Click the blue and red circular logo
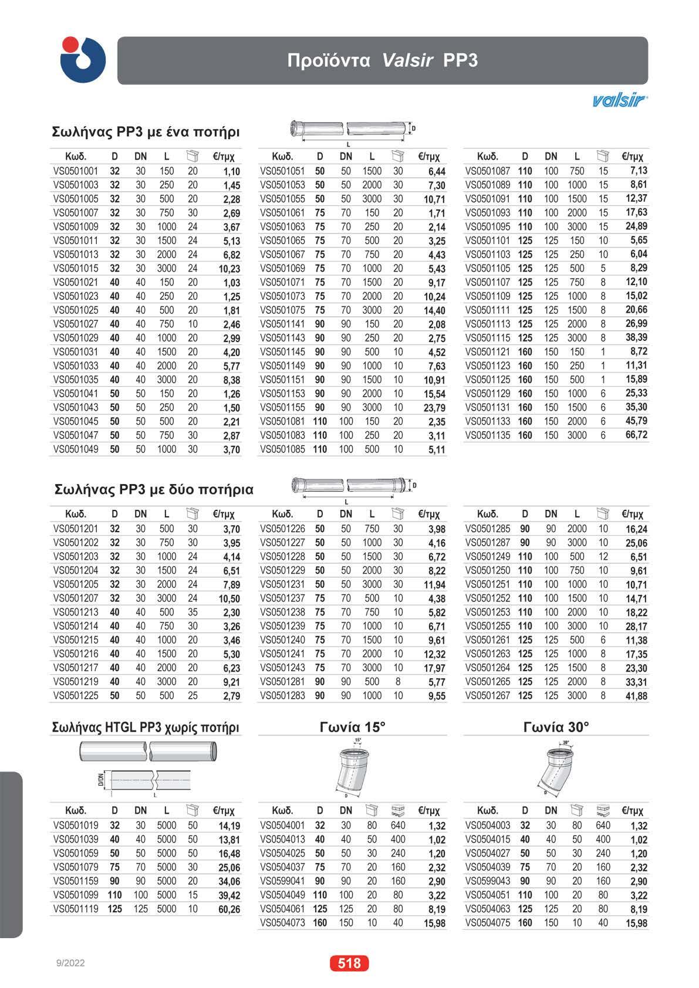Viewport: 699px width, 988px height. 83,59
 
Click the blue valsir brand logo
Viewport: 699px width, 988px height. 620,101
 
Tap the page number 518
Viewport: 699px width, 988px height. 349,963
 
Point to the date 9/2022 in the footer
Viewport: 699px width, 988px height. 70,963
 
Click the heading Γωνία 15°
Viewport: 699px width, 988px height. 352,727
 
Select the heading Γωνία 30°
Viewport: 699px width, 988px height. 555,727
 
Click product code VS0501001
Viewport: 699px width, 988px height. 76,171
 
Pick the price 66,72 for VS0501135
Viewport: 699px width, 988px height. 637,435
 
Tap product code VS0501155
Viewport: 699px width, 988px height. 282,408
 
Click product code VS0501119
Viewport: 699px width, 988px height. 76,909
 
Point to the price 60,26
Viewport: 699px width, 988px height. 229,909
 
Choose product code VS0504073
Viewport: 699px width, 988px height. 282,923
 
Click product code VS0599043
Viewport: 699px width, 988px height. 488,881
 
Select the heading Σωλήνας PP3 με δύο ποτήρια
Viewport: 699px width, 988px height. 154,489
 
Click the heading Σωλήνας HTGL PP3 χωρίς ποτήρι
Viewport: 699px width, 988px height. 146,728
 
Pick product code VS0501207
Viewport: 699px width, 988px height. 76,598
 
